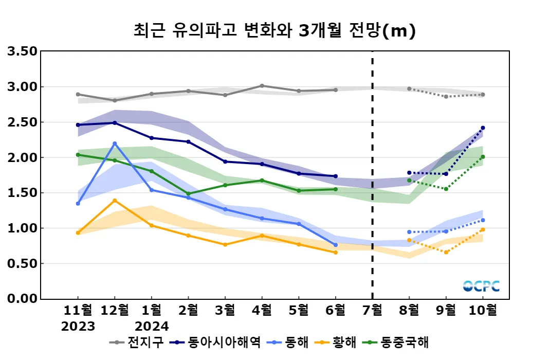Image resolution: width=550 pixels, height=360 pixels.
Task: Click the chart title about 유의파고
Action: pos(274,31)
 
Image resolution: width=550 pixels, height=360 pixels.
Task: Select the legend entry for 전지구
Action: pos(139,342)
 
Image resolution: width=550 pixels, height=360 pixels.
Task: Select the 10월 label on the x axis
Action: pos(483,310)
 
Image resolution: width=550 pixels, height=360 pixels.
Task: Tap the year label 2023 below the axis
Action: pos(78,327)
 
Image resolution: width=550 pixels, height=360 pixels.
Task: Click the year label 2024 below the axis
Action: pos(152,327)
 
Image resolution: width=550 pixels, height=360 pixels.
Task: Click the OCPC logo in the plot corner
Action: pos(481,286)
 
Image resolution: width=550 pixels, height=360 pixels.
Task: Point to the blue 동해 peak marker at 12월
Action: pos(115,143)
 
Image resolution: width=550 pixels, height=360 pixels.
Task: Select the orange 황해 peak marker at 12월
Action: pos(115,201)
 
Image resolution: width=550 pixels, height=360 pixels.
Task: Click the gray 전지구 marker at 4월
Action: pos(262,86)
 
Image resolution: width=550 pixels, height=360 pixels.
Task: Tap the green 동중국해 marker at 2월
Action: pos(188,194)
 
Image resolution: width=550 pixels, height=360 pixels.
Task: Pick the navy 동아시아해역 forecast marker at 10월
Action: pos(483,128)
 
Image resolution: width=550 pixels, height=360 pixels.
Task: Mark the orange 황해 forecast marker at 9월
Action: pos(446,252)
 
